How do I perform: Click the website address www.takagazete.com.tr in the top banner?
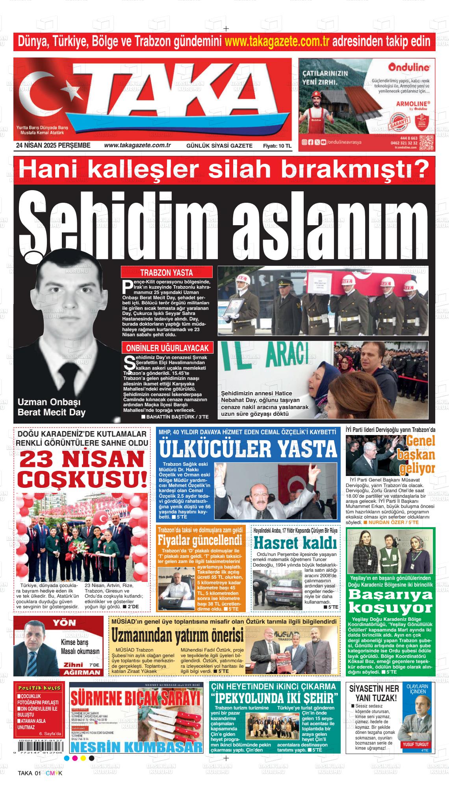pos(277,41)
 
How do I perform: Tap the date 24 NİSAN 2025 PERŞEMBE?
pos(53,146)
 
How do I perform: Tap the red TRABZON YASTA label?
pos(166,272)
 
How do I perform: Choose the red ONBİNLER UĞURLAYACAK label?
pos(167,348)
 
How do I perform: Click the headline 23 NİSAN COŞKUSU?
pos(82,469)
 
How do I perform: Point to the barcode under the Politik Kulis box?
pos(39,745)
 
